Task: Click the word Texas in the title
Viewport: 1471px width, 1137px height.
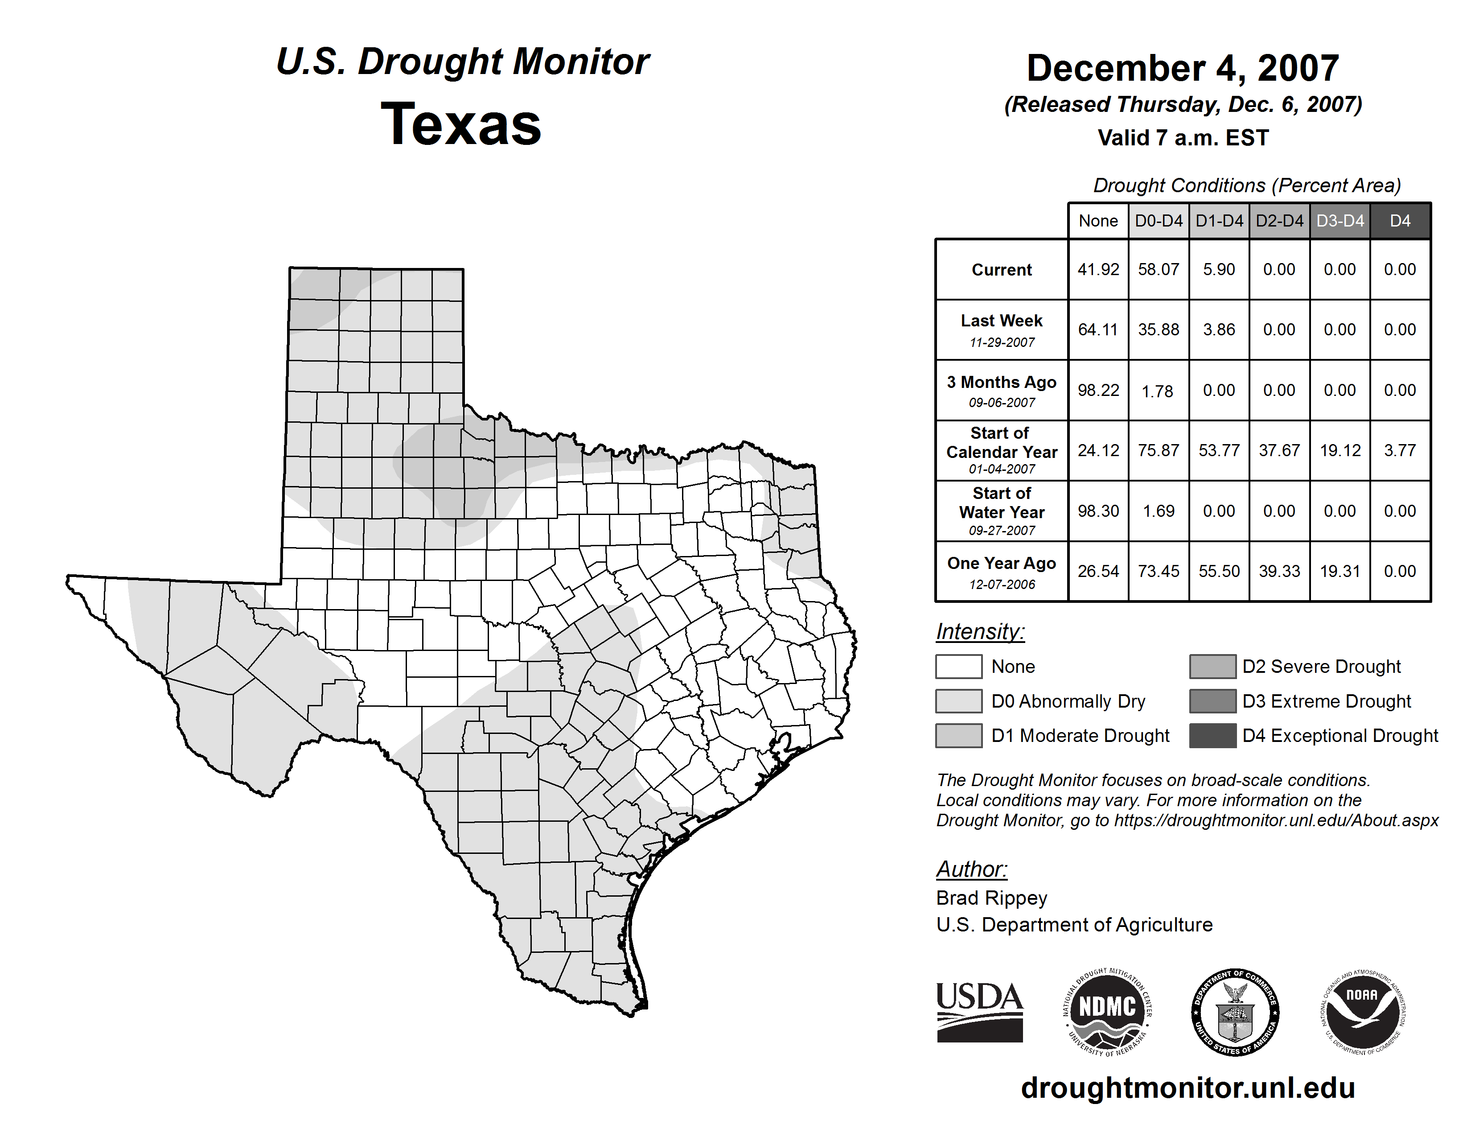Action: point(461,124)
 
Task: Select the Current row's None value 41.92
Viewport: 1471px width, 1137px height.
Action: point(1098,269)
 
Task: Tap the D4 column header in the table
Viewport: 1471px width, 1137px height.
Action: point(1400,221)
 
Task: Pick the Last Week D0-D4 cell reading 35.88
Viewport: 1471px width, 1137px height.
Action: point(1159,330)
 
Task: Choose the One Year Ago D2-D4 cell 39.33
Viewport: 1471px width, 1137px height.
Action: point(1279,571)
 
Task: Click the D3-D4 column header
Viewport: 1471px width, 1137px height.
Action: point(1340,221)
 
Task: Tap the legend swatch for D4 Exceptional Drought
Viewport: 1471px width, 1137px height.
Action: point(1212,736)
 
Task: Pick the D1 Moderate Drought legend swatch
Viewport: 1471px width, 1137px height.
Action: point(958,736)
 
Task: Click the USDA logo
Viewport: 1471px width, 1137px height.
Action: point(979,1012)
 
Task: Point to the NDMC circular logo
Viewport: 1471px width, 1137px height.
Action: point(1107,1012)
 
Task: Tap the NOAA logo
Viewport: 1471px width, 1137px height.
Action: point(1362,1012)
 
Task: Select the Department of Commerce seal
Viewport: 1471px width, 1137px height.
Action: point(1235,1012)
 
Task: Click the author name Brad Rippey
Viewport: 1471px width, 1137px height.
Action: point(991,898)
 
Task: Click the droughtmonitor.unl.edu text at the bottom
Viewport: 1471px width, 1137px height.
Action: point(1187,1088)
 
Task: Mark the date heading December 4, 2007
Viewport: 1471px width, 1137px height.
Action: point(1182,69)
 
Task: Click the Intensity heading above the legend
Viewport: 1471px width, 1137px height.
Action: point(980,632)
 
